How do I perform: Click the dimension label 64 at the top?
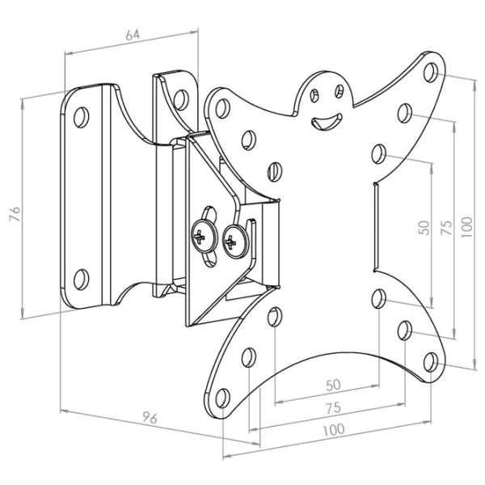pos(133,35)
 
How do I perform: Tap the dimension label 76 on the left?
pos(15,213)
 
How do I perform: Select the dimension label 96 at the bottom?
pos(150,418)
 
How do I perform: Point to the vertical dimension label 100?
pos(466,227)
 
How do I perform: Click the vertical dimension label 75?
pos(446,228)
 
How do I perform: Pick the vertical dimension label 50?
pos(424,228)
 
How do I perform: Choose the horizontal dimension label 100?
pos(333,430)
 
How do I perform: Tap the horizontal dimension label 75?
pos(333,408)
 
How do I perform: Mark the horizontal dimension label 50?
pos(333,385)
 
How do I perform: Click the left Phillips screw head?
pos(204,236)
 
